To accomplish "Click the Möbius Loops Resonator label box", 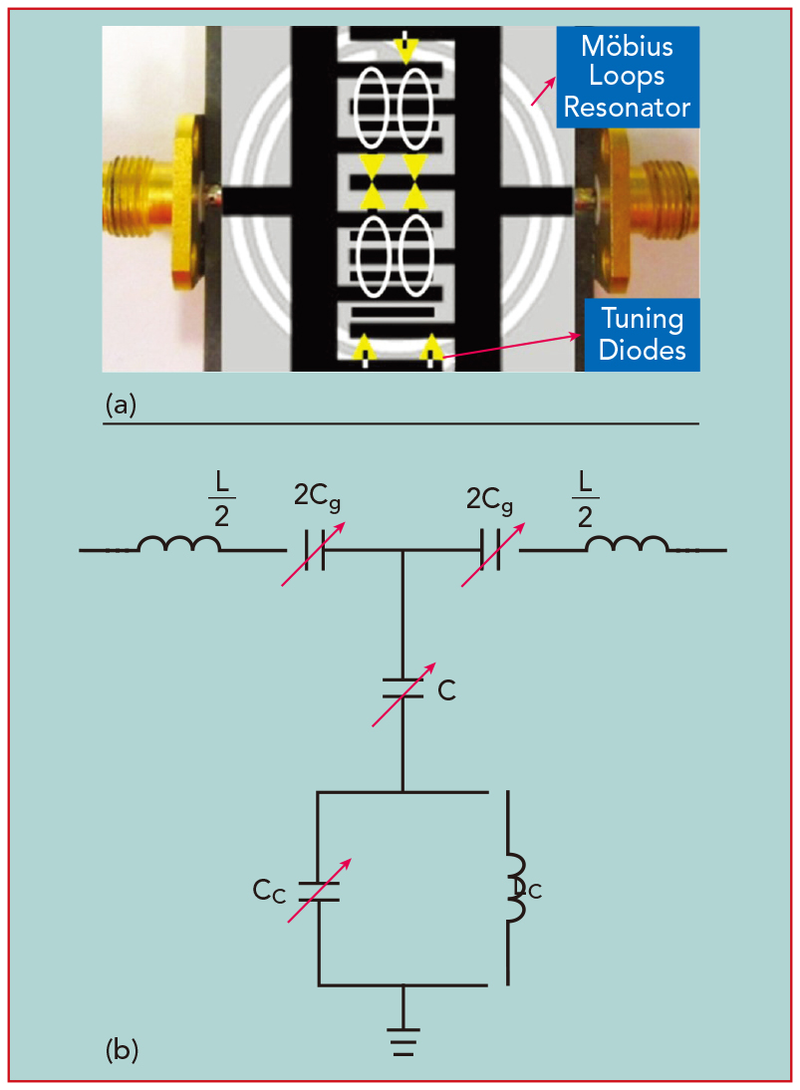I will pyautogui.click(x=627, y=77).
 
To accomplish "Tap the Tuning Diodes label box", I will pyautogui.click(x=642, y=335).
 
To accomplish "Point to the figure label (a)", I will pyautogui.click(x=120, y=405).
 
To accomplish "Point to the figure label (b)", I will pyautogui.click(x=122, y=1049).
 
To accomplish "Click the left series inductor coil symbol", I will pyautogui.click(x=178, y=546).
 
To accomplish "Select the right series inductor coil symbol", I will pyautogui.click(x=627, y=546).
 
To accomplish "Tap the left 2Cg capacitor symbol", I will pyautogui.click(x=315, y=549).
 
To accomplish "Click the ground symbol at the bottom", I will pyautogui.click(x=402, y=1038).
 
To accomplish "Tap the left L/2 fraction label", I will pyautogui.click(x=221, y=497).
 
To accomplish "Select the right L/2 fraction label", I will pyautogui.click(x=585, y=497).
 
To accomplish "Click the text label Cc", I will pyautogui.click(x=269, y=890).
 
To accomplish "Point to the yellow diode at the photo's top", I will pyautogui.click(x=405, y=47).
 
